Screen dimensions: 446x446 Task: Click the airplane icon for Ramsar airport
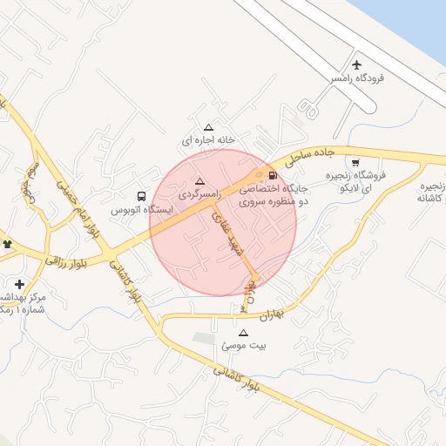[357, 65]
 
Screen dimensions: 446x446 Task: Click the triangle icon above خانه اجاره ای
[207, 127]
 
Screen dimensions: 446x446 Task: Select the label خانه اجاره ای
[208, 139]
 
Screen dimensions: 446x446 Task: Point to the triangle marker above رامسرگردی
[200, 182]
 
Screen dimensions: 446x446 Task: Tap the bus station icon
[142, 197]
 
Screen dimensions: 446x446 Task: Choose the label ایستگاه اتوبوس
[141, 210]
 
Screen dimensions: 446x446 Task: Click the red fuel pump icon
[274, 173]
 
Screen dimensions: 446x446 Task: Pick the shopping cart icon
[355, 162]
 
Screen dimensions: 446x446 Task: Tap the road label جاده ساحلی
[313, 153]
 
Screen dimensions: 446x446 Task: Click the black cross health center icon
[19, 284]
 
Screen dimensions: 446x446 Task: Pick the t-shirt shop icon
[8, 244]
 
